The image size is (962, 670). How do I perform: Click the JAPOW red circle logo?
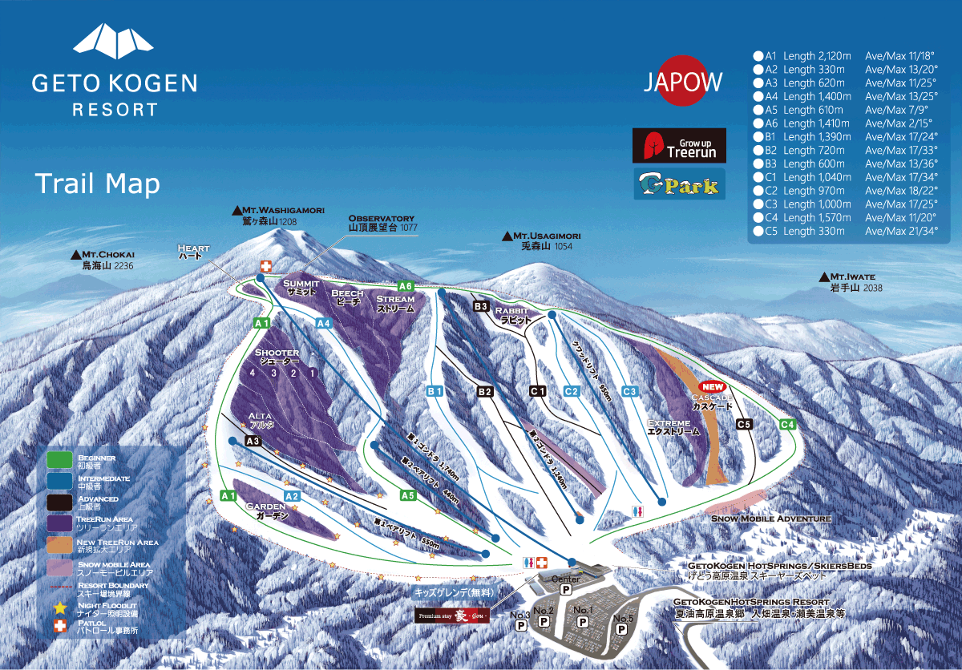(x=683, y=81)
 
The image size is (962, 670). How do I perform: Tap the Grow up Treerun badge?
(x=678, y=146)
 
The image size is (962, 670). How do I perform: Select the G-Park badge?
(x=678, y=184)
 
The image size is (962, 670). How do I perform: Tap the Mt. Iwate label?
(x=851, y=281)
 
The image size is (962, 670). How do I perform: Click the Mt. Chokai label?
(x=106, y=260)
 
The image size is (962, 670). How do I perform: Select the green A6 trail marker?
(x=406, y=286)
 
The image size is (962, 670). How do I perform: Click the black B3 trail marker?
(x=481, y=306)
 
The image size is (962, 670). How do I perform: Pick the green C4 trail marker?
(x=787, y=424)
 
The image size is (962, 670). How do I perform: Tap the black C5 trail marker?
(x=743, y=424)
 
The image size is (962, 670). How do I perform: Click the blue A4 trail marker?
(x=324, y=323)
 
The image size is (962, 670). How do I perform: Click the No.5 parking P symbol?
(x=620, y=629)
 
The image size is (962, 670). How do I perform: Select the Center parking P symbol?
(x=565, y=589)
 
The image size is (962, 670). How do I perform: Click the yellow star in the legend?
(x=59, y=607)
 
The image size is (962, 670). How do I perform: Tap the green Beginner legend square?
(x=59, y=459)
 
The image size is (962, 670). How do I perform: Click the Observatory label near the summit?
(x=382, y=223)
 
